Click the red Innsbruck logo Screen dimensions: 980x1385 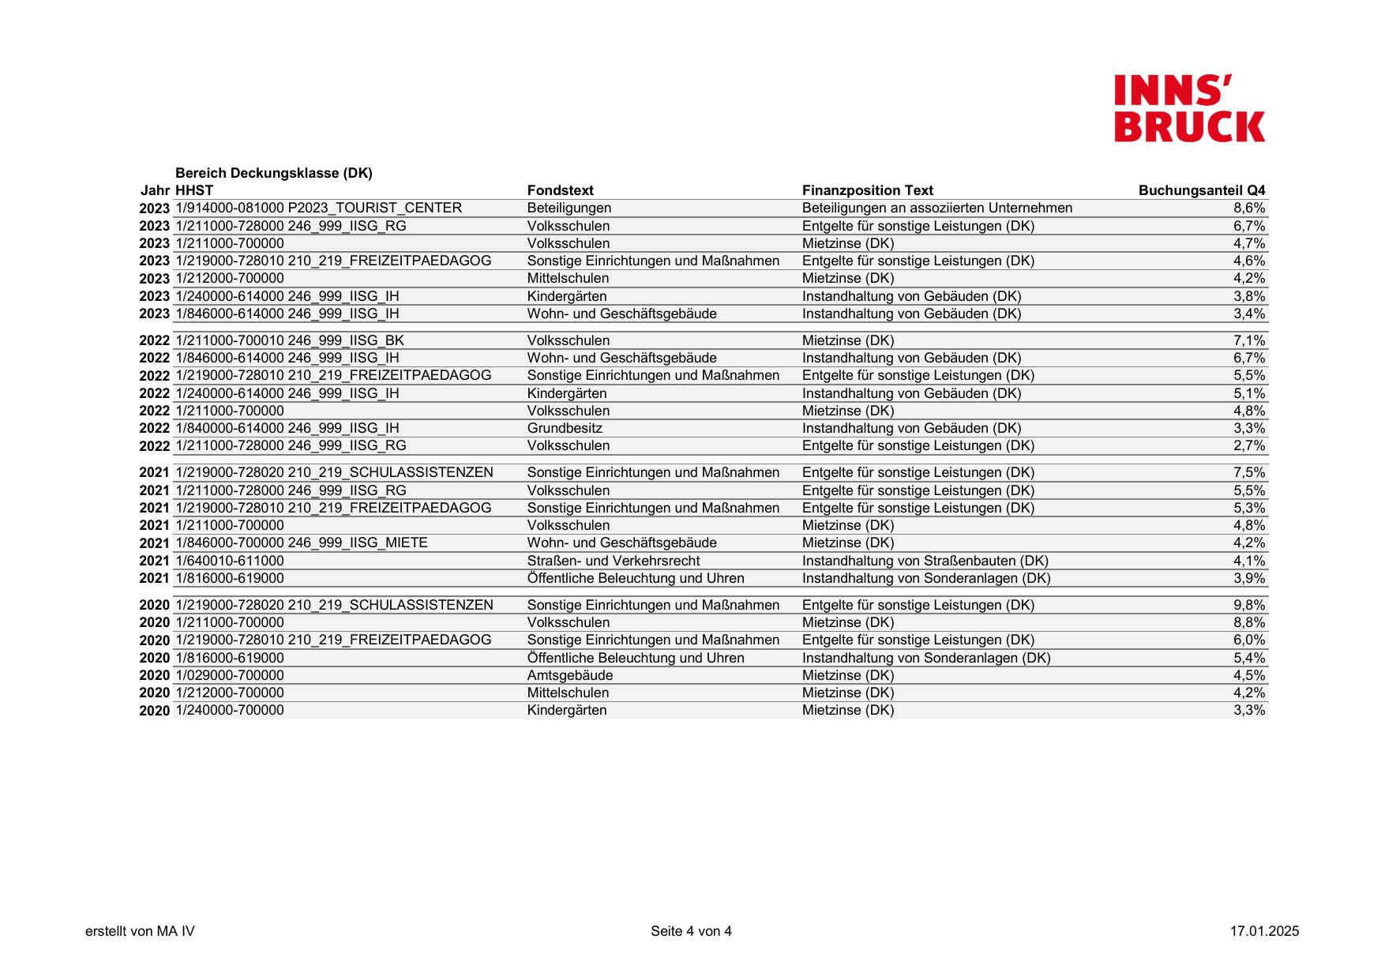pyautogui.click(x=1189, y=109)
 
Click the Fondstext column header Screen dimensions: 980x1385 pyautogui.click(x=560, y=190)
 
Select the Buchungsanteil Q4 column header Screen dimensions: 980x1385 pyautogui.click(x=1201, y=190)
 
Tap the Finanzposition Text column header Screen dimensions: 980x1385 pyautogui.click(x=867, y=190)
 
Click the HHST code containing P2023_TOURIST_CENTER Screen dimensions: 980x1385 pyautogui.click(x=318, y=208)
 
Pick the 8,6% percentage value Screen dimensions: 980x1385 pyautogui.click(x=1249, y=208)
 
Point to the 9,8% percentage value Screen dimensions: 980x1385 pyautogui.click(x=1249, y=605)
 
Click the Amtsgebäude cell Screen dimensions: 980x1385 pyautogui.click(x=569, y=675)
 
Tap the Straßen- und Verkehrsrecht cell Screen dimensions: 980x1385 pyautogui.click(x=614, y=561)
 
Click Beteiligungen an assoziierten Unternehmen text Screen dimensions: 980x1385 pyautogui.click(x=936, y=208)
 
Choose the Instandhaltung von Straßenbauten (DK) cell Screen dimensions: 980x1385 pyautogui.click(x=925, y=561)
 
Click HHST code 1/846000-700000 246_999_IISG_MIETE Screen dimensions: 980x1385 pyautogui.click(x=301, y=543)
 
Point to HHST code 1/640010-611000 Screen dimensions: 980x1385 pyautogui.click(x=229, y=561)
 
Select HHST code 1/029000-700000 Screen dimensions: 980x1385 pyautogui.click(x=229, y=675)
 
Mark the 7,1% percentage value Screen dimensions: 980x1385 pyautogui.click(x=1249, y=340)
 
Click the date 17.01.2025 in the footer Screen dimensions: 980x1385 pyautogui.click(x=1263, y=931)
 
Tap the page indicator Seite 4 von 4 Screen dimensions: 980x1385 pyautogui.click(x=691, y=931)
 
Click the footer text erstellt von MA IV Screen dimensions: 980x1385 pyautogui.click(x=140, y=931)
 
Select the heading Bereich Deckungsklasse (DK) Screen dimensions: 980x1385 pyautogui.click(x=273, y=173)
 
